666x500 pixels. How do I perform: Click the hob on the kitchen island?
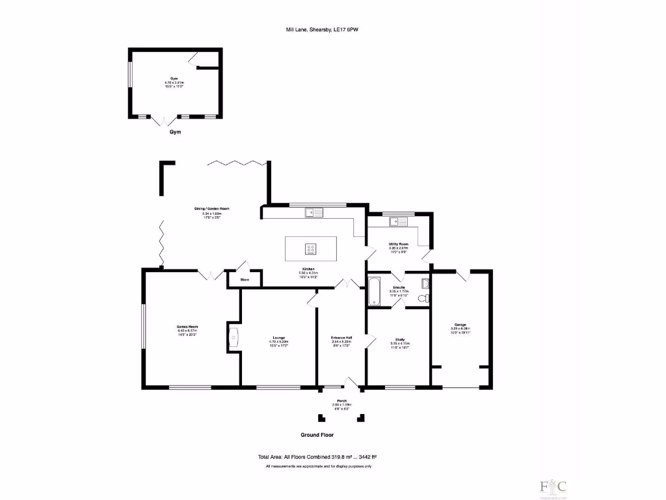pos(311,248)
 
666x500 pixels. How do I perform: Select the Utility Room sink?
pos(398,222)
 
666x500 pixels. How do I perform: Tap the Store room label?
pos(245,280)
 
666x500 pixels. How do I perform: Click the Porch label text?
pos(341,400)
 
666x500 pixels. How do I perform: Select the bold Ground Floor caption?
pos(317,435)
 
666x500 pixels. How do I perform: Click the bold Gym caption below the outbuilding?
pos(175,132)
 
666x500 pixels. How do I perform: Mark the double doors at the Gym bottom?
pos(163,120)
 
